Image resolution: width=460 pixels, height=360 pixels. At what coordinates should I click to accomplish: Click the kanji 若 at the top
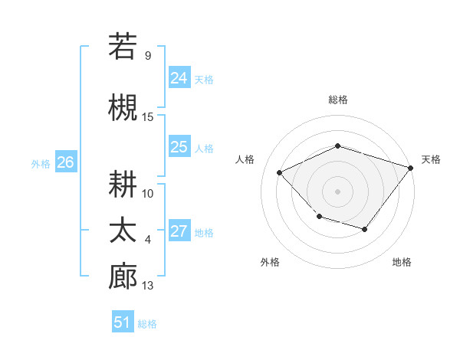click(x=123, y=47)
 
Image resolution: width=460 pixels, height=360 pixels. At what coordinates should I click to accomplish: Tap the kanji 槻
click(x=123, y=108)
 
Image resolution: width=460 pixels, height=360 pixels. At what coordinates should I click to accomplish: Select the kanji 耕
click(x=123, y=184)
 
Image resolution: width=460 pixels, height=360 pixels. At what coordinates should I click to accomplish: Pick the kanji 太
click(x=123, y=231)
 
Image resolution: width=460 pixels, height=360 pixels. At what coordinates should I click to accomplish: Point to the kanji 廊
click(x=123, y=277)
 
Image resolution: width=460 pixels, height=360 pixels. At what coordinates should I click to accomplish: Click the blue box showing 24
click(x=179, y=78)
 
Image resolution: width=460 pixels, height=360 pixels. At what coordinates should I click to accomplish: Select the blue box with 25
click(x=179, y=147)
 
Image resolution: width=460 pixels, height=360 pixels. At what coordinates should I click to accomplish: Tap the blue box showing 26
click(x=65, y=162)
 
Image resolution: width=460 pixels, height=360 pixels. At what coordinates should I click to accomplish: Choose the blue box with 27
click(x=179, y=231)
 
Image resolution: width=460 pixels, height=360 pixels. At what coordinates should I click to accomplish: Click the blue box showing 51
click(x=123, y=322)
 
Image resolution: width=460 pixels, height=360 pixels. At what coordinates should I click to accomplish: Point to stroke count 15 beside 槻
click(x=148, y=117)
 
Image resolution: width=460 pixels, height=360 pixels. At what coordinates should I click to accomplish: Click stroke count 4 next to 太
click(x=148, y=240)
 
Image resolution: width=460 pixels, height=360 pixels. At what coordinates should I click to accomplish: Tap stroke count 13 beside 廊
click(x=148, y=286)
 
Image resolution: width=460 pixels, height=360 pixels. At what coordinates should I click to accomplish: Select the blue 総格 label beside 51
click(x=147, y=324)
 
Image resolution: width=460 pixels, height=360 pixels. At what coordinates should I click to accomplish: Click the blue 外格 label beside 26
click(x=41, y=163)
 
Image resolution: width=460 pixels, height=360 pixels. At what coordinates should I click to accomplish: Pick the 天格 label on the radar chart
click(x=431, y=159)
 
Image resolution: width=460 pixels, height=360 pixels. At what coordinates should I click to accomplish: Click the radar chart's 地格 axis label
click(x=402, y=262)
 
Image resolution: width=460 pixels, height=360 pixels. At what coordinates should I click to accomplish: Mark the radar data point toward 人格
click(x=280, y=173)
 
